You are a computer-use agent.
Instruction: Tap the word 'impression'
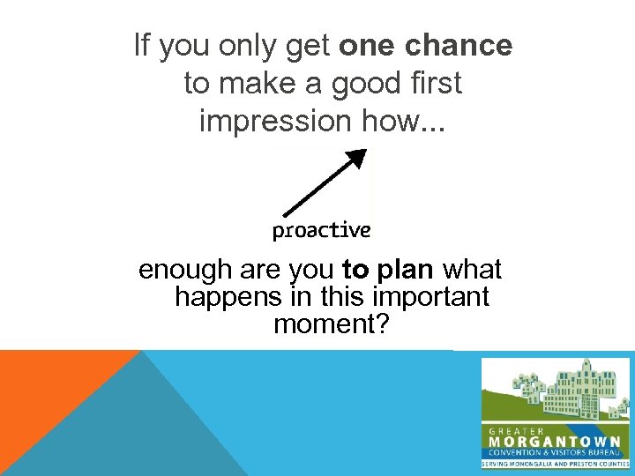[x=277, y=121]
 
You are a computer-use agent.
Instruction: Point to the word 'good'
[x=358, y=84]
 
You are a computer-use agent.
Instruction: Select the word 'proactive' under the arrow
[x=321, y=231]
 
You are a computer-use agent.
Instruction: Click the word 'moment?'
[x=331, y=325]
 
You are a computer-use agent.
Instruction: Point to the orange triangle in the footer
[x=44, y=388]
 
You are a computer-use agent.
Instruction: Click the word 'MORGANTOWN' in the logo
[x=555, y=441]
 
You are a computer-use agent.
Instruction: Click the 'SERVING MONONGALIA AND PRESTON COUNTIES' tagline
[x=555, y=464]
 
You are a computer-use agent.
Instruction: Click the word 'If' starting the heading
[x=142, y=46]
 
